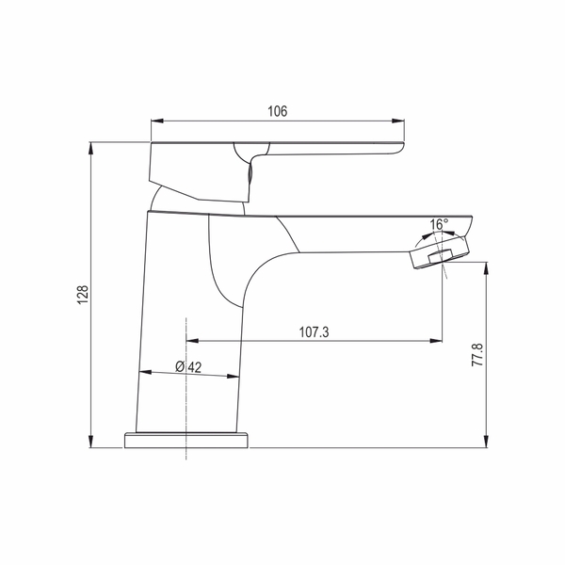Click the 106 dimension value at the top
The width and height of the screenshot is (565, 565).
click(277, 111)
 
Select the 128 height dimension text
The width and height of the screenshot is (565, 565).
click(83, 295)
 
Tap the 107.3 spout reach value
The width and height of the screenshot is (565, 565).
click(313, 332)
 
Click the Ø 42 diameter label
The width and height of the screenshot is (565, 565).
click(188, 367)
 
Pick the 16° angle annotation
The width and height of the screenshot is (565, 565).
click(439, 224)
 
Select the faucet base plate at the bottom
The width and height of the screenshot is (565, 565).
click(186, 440)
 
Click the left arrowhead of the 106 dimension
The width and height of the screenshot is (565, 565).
click(155, 121)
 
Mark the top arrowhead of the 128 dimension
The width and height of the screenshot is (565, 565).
click(92, 146)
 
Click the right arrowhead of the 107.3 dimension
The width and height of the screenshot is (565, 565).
click(439, 341)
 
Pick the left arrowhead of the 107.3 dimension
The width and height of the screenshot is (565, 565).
click(190, 341)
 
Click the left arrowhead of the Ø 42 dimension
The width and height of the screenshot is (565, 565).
click(141, 372)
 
